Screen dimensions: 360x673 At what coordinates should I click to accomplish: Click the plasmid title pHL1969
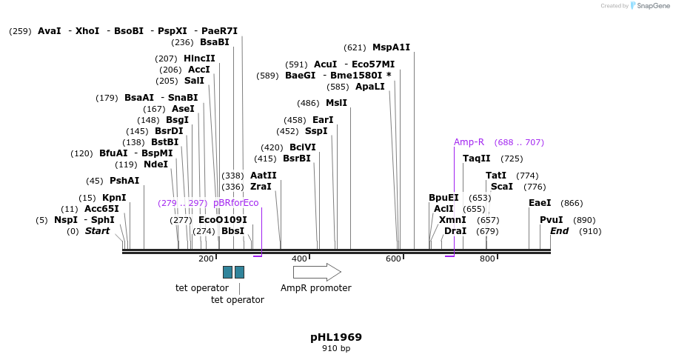pos(336,337)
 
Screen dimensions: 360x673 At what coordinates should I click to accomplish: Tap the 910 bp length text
pos(336,348)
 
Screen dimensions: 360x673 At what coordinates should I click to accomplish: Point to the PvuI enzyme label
pos(551,220)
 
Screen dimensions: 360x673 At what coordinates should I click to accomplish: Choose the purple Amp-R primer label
pos(469,142)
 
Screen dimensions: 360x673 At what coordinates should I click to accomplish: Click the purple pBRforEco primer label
pos(236,203)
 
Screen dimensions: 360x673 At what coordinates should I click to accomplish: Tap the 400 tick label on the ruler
pos(299,259)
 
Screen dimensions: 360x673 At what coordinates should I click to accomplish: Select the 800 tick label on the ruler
pos(487,259)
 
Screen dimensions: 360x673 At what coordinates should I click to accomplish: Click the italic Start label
pos(97,231)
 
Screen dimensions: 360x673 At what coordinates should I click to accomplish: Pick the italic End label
pos(559,231)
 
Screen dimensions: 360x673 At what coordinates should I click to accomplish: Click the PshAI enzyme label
pos(124,181)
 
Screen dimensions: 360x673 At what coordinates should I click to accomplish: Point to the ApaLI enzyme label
pos(370,87)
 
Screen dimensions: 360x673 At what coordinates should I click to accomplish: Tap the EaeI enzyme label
pos(540,203)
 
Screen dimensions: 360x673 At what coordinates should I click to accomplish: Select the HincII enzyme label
pos(199,59)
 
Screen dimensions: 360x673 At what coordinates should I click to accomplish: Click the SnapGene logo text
pos(654,6)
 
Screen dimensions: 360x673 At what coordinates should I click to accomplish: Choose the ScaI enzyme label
pos(501,187)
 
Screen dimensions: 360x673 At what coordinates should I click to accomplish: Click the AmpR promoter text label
pos(316,288)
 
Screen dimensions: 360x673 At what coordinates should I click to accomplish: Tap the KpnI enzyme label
pos(114,198)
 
